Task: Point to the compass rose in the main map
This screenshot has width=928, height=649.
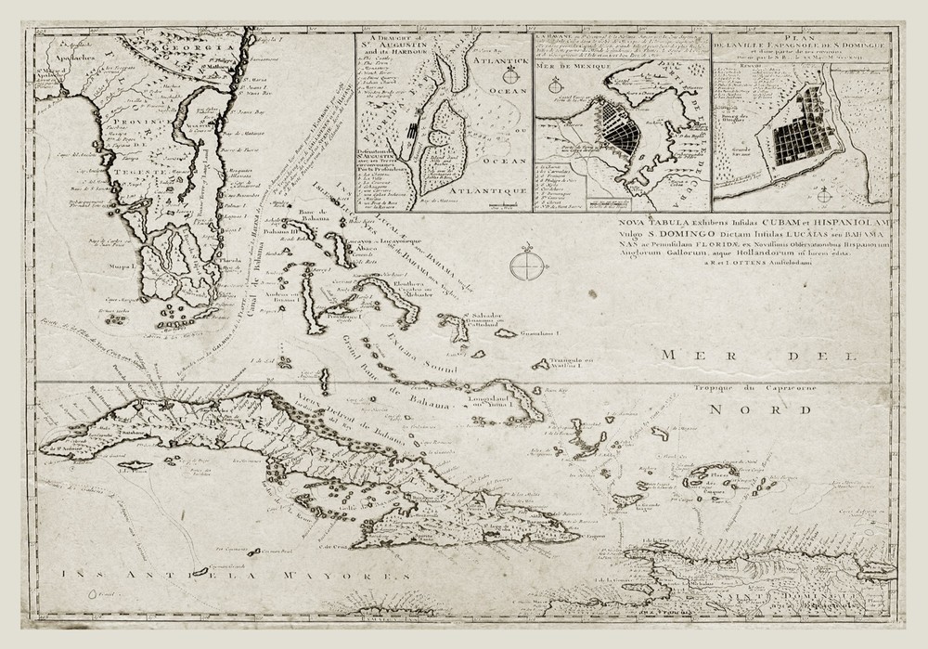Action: pyautogui.click(x=525, y=266)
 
